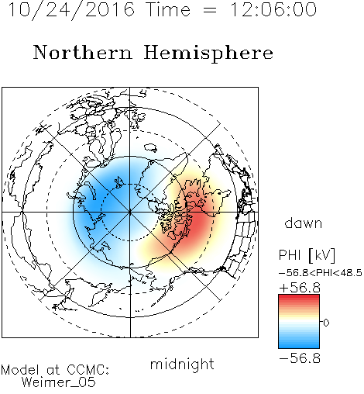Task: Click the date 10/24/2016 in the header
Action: point(71,9)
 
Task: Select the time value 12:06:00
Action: point(273,9)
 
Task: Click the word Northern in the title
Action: point(83,52)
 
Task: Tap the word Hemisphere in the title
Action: point(208,53)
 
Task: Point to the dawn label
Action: point(304,223)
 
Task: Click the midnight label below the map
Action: point(182,365)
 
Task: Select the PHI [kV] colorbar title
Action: point(307,255)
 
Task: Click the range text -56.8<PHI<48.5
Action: point(321,273)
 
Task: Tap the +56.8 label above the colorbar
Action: point(300,288)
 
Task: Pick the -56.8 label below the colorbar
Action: point(300,358)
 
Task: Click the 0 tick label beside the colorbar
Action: point(326,323)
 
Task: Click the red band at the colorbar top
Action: point(299,298)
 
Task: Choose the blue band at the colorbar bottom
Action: point(299,345)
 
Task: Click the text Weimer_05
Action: point(59,382)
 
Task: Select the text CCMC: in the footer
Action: point(88,370)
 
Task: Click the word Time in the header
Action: point(168,9)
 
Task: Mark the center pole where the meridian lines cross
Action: point(130,212)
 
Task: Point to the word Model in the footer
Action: point(20,370)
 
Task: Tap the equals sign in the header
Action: point(210,10)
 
